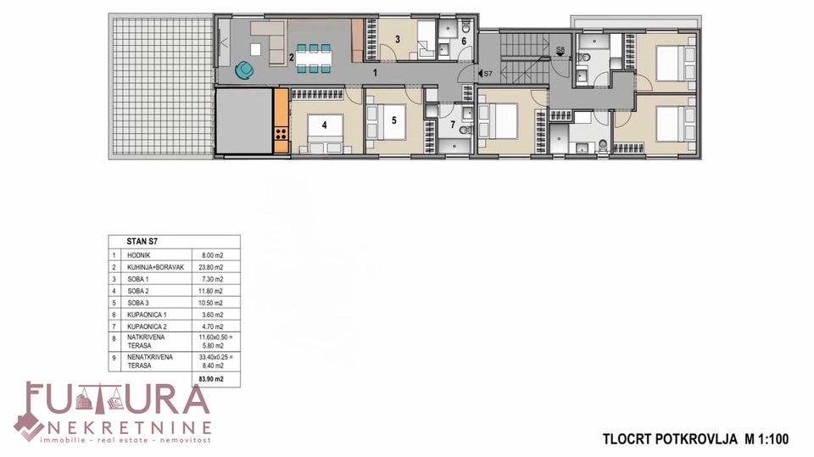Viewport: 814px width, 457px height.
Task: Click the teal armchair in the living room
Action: (x=244, y=70)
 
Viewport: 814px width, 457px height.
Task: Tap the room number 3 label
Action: (x=397, y=40)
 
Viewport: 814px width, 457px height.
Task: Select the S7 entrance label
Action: (x=488, y=74)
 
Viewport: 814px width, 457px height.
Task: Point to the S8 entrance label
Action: (x=560, y=50)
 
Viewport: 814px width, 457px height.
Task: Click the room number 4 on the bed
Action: (x=325, y=125)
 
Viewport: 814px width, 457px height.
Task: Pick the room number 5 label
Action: (x=394, y=120)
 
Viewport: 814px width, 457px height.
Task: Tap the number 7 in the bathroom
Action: (x=453, y=125)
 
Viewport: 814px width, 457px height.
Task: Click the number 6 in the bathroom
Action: (x=464, y=41)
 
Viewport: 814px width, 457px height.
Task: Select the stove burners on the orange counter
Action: (x=281, y=133)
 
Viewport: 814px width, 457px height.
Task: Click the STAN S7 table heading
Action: (x=142, y=242)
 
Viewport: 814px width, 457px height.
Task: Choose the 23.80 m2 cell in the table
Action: (x=211, y=267)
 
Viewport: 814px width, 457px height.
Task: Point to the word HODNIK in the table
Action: (x=138, y=255)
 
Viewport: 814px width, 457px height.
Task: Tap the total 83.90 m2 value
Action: (x=211, y=379)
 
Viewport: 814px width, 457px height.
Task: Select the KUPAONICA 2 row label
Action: (x=147, y=326)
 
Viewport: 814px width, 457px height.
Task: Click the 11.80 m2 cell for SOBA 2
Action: (x=211, y=292)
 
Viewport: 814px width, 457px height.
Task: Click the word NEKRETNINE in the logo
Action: (x=129, y=427)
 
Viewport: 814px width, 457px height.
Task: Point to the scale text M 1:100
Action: (x=767, y=439)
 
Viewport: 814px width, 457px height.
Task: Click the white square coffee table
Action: (x=255, y=49)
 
